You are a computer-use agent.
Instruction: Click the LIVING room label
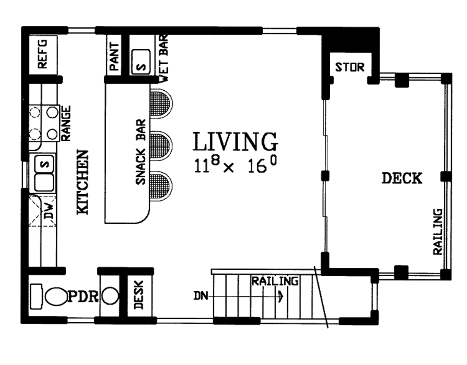pos(235,142)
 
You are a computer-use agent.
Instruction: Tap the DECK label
pos(402,179)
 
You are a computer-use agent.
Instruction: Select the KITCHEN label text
pos(82,182)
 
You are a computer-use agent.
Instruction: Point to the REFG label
pos(42,54)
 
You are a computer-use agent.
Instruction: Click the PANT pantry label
pos(114,57)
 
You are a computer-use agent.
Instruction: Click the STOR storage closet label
pos(350,67)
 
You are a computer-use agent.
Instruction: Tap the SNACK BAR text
pos(140,152)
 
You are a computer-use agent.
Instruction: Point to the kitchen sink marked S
pos(44,163)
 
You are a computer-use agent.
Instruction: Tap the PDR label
pos(83,297)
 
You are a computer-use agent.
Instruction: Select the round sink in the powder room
pos(110,297)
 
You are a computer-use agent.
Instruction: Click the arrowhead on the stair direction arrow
pos(281,297)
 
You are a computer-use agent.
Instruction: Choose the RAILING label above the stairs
pos(275,281)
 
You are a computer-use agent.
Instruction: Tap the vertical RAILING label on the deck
pos(437,232)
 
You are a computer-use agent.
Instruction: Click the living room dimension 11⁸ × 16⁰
pos(235,165)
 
